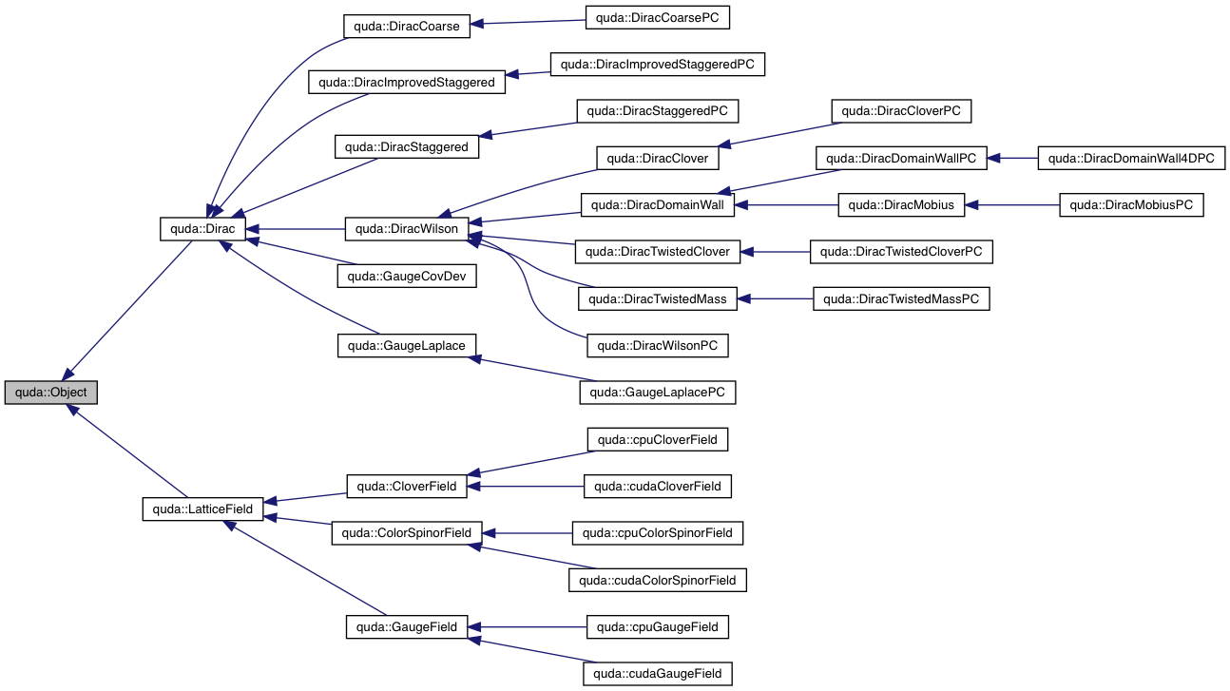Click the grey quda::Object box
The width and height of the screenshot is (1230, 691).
coord(50,393)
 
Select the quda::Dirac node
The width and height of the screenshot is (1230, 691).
coord(203,228)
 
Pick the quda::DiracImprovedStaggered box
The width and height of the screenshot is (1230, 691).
coord(406,82)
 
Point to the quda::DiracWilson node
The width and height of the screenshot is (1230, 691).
coord(406,228)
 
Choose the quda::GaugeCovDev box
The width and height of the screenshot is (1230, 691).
coord(406,276)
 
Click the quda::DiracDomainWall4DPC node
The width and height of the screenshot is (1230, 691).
coord(1131,158)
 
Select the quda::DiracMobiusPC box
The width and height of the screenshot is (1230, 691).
coord(1131,204)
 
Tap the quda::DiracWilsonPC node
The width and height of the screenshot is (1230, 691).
coord(657,346)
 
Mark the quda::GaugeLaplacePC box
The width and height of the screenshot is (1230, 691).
coord(657,393)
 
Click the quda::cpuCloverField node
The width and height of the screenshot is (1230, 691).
coord(657,439)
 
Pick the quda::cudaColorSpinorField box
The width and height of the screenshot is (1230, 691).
coord(657,580)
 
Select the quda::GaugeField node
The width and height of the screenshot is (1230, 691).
coord(406,627)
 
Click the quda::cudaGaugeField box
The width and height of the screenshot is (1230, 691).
coord(657,674)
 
